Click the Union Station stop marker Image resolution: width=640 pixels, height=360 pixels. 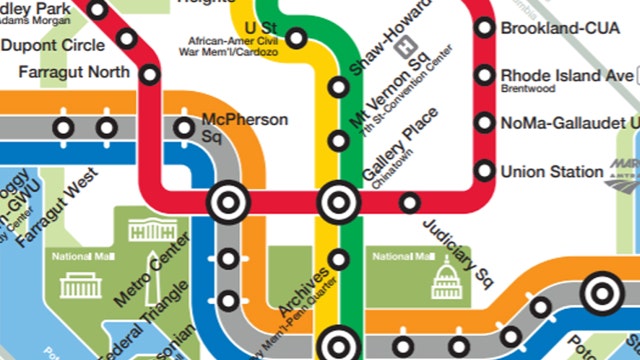485,171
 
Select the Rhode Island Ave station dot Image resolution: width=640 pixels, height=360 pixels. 485,75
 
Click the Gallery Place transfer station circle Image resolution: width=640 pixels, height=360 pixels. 338,203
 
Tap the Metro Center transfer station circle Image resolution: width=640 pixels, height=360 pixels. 227,202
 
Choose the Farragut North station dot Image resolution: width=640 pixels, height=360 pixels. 150,73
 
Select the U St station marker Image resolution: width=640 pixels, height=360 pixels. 296,39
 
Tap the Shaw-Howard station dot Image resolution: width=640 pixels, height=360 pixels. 339,87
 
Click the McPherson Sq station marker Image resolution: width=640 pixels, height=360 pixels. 184,127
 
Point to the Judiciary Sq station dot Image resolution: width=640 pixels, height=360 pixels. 409,204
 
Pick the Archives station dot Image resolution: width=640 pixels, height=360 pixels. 339,260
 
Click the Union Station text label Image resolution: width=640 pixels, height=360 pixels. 552,171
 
